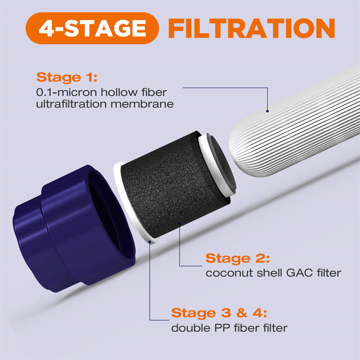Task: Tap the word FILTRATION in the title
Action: (x=252, y=28)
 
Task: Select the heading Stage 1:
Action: (x=67, y=77)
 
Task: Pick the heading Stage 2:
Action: (x=238, y=259)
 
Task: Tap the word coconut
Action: (x=224, y=273)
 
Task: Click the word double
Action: (x=186, y=328)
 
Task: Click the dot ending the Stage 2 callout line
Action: (x=180, y=223)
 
